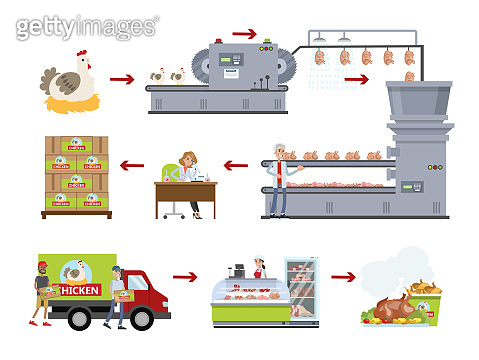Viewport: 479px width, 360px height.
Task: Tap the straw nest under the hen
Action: click(x=67, y=100)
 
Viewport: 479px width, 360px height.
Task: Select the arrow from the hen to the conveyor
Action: click(x=122, y=78)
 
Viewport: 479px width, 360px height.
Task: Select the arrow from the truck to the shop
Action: click(x=184, y=273)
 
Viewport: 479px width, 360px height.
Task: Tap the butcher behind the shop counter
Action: click(x=260, y=270)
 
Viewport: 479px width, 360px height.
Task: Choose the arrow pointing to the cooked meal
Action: click(x=343, y=273)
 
